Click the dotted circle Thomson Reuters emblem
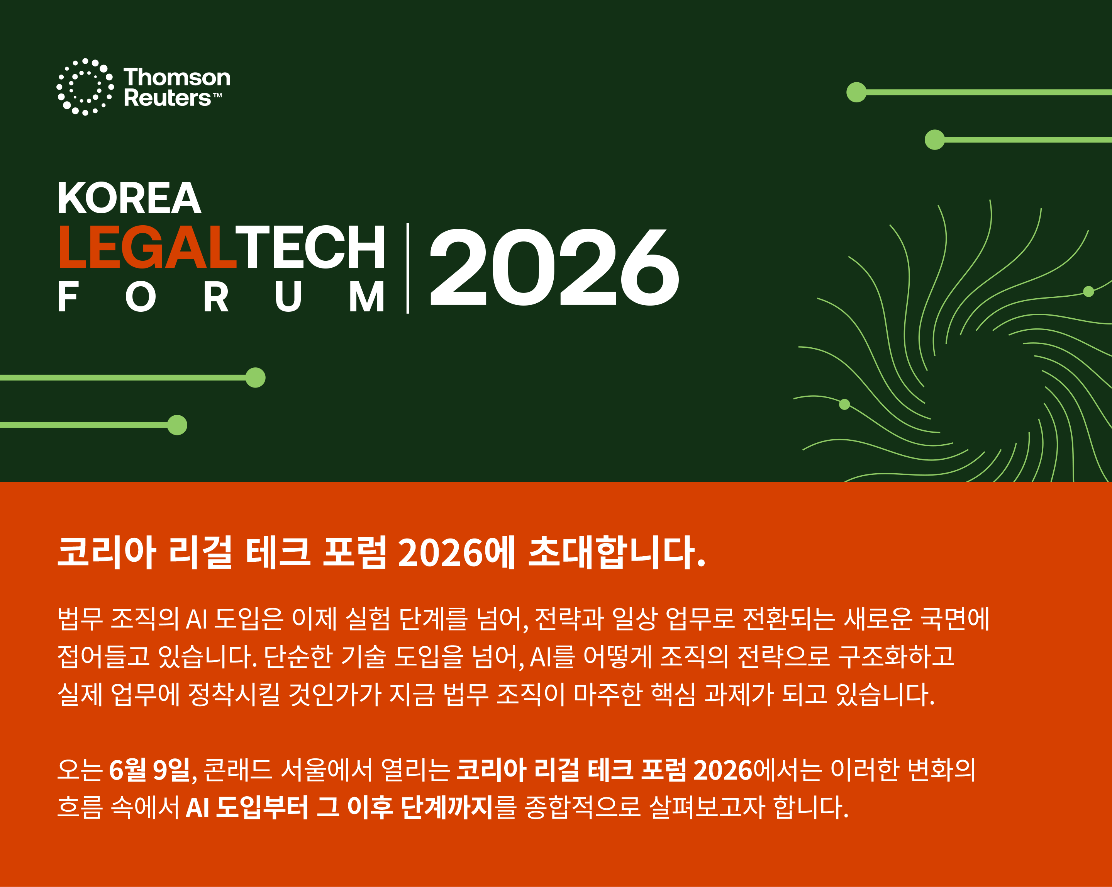(85, 87)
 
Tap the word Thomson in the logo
(177, 77)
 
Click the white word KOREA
(129, 198)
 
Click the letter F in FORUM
(68, 297)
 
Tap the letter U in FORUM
(288, 297)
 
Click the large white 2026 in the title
(554, 267)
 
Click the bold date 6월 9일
(149, 770)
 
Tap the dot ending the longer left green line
(255, 378)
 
